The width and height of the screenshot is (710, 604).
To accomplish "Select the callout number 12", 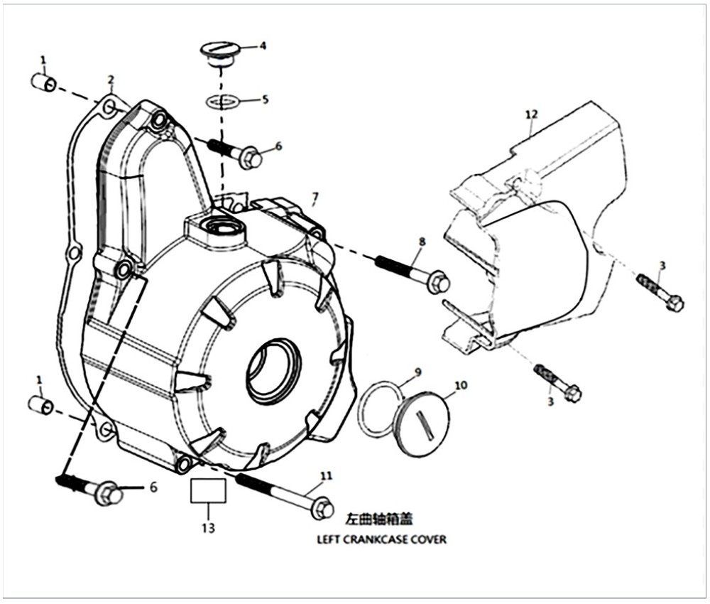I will pyautogui.click(x=532, y=114).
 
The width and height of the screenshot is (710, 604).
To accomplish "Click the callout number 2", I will pyautogui.click(x=111, y=78).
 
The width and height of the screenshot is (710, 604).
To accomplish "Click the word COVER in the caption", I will pyautogui.click(x=429, y=539).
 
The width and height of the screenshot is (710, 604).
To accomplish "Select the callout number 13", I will pyautogui.click(x=208, y=528).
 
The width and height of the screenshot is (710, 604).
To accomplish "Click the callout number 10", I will pyautogui.click(x=461, y=385).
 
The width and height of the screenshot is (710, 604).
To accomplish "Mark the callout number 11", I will pyautogui.click(x=326, y=475).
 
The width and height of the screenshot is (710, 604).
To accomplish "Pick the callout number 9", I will pyautogui.click(x=418, y=372).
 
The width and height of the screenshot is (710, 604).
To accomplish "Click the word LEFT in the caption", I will pyautogui.click(x=329, y=539).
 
